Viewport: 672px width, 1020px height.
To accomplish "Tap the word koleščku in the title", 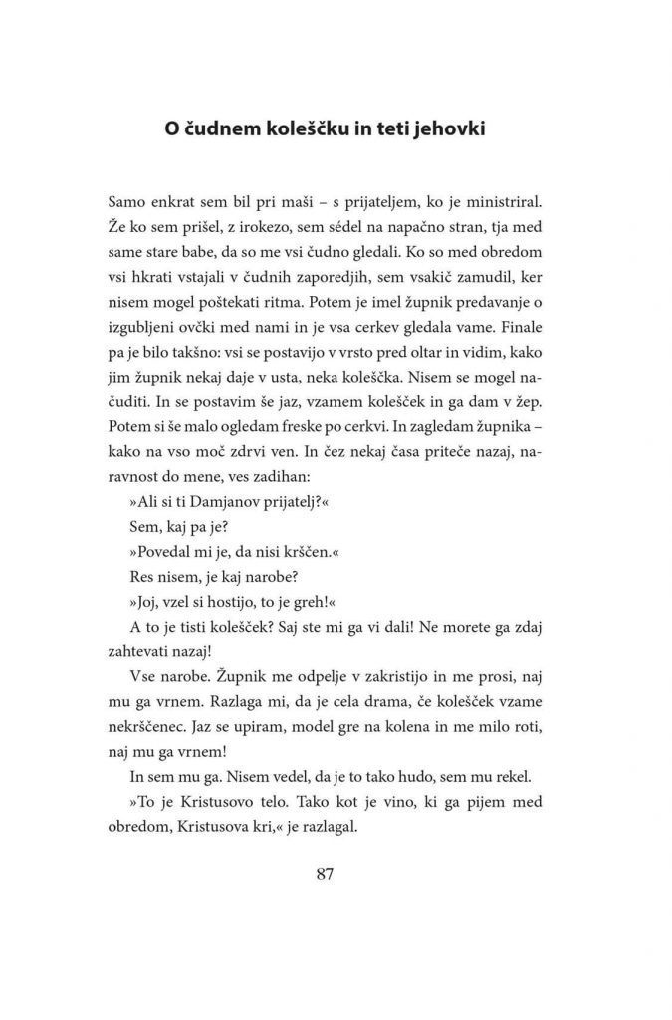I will point(298,131).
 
